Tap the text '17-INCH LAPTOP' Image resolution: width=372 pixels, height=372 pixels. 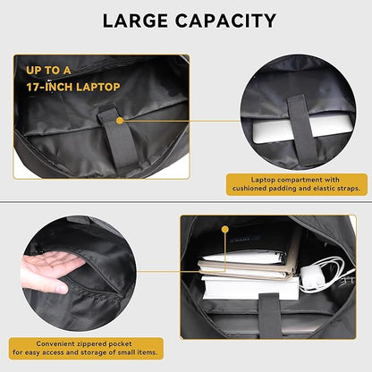coord(67,88)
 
